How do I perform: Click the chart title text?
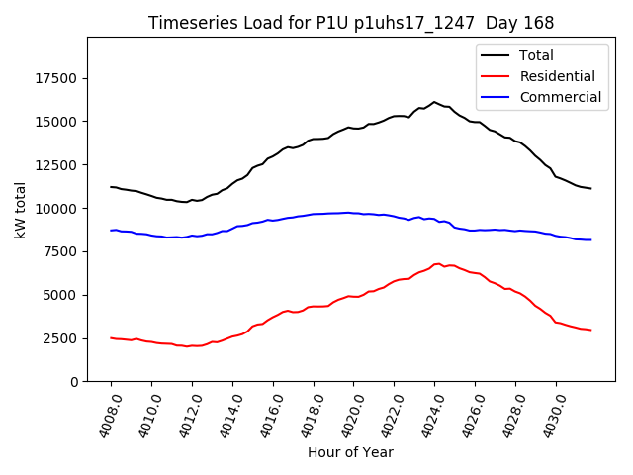pyautogui.click(x=351, y=23)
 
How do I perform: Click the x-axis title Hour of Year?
pyautogui.click(x=350, y=452)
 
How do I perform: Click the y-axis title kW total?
pyautogui.click(x=20, y=210)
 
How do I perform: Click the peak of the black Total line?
pyautogui.click(x=434, y=102)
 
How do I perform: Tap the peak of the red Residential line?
pyautogui.click(x=436, y=264)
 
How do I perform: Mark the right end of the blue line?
pyautogui.click(x=591, y=239)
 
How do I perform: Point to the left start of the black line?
pyautogui.click(x=111, y=187)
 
